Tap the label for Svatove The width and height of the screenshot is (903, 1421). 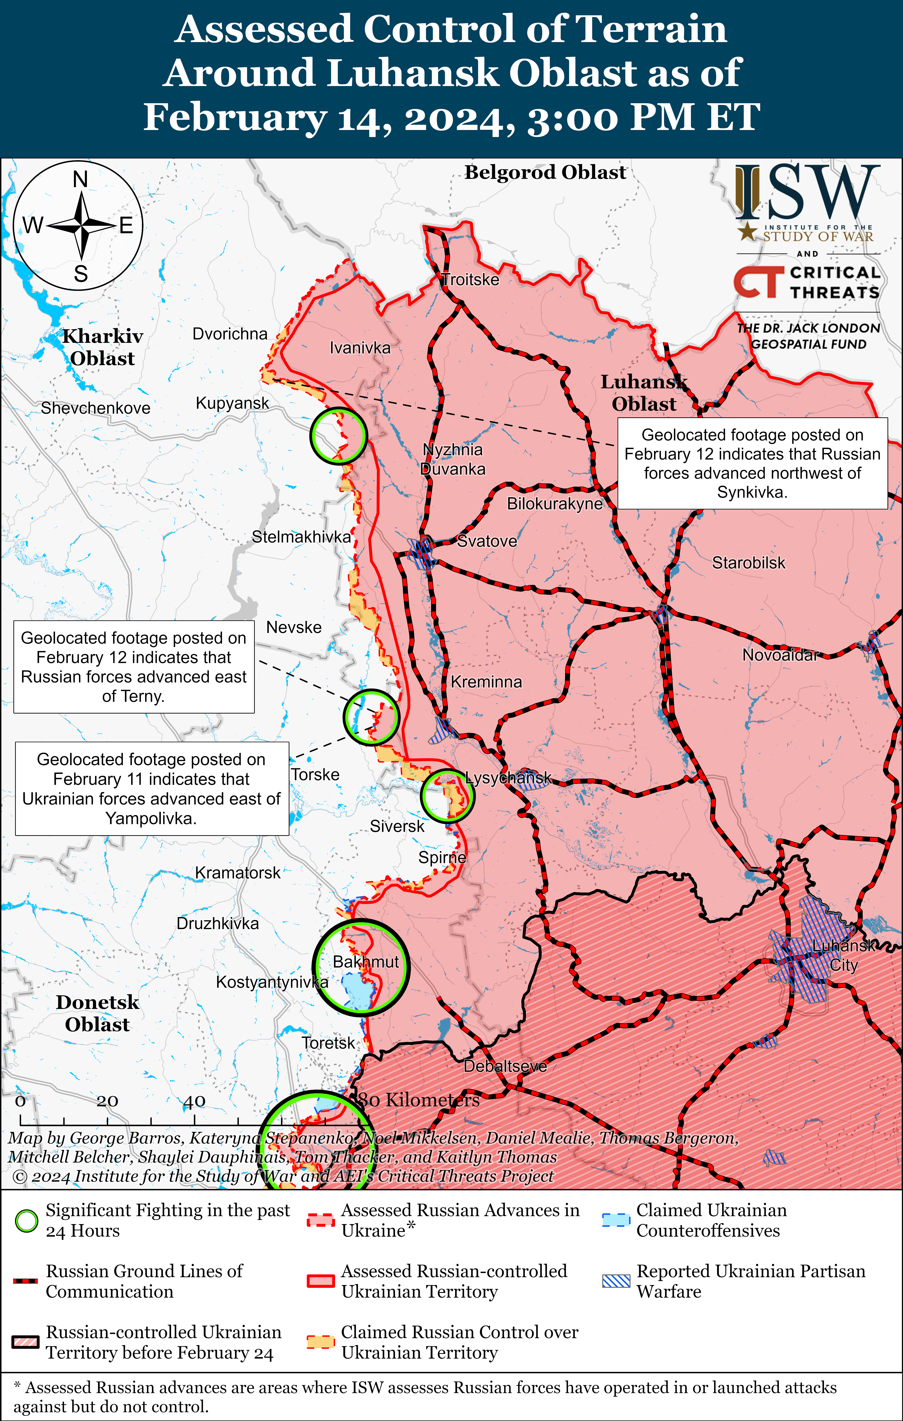pos(487,541)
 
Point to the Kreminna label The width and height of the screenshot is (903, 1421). pos(486,682)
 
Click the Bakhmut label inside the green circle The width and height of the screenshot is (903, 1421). pos(365,961)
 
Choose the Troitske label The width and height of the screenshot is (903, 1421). pos(470,280)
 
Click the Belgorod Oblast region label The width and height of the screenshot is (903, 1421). pos(545,172)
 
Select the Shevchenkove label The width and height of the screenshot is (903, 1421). pos(96,408)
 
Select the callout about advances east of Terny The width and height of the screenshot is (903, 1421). pos(134,667)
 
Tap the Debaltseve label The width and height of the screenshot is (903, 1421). pos(505,1066)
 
